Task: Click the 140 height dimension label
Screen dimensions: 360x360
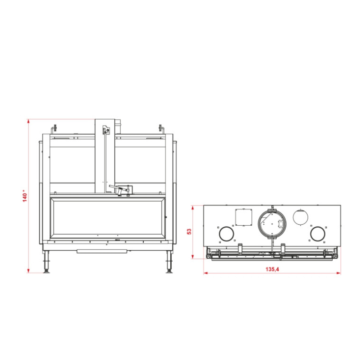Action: (24, 196)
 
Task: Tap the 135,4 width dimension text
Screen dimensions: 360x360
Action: (272, 269)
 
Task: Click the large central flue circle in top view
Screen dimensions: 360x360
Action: (272, 223)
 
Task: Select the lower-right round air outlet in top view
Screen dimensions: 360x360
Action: (317, 233)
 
